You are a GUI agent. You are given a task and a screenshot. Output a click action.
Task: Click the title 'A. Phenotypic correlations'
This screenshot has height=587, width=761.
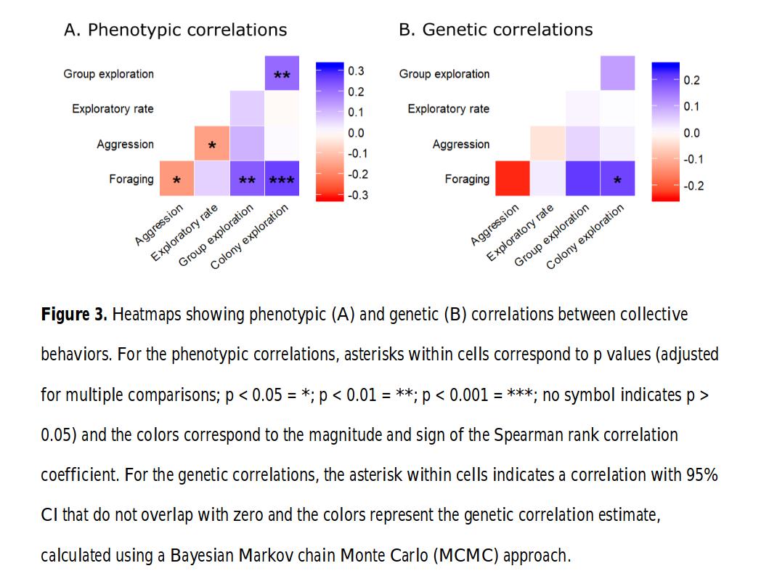pos(176,30)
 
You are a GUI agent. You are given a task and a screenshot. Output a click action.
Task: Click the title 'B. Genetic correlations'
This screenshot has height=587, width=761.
pos(495,30)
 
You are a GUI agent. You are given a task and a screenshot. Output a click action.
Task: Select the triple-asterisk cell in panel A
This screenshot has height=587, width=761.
pos(282,179)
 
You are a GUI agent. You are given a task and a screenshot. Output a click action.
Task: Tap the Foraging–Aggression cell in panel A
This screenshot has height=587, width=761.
pos(176,179)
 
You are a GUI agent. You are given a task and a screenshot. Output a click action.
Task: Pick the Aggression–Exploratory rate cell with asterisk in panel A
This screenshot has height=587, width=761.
pos(212,144)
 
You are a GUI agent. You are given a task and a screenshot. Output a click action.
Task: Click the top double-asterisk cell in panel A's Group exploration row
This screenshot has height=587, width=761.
pos(282,73)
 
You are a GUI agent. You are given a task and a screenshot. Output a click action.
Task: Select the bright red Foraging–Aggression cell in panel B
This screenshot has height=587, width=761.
pos(513,179)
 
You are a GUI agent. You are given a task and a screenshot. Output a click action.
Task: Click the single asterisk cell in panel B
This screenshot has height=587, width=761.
pos(618,179)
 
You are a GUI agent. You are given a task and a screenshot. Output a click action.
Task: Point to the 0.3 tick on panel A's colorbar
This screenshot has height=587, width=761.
pos(356,71)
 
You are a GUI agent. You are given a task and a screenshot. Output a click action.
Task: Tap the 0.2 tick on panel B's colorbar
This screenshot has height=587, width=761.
pos(691,81)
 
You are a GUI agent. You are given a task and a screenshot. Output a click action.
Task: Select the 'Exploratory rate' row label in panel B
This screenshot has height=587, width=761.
pos(448,109)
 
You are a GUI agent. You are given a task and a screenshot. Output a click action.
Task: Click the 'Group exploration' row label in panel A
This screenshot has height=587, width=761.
pos(109,73)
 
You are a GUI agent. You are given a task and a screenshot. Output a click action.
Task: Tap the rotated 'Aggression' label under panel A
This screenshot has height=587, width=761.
pos(160,224)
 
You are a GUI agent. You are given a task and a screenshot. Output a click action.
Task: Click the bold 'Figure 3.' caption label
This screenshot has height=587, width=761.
pos(74,315)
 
